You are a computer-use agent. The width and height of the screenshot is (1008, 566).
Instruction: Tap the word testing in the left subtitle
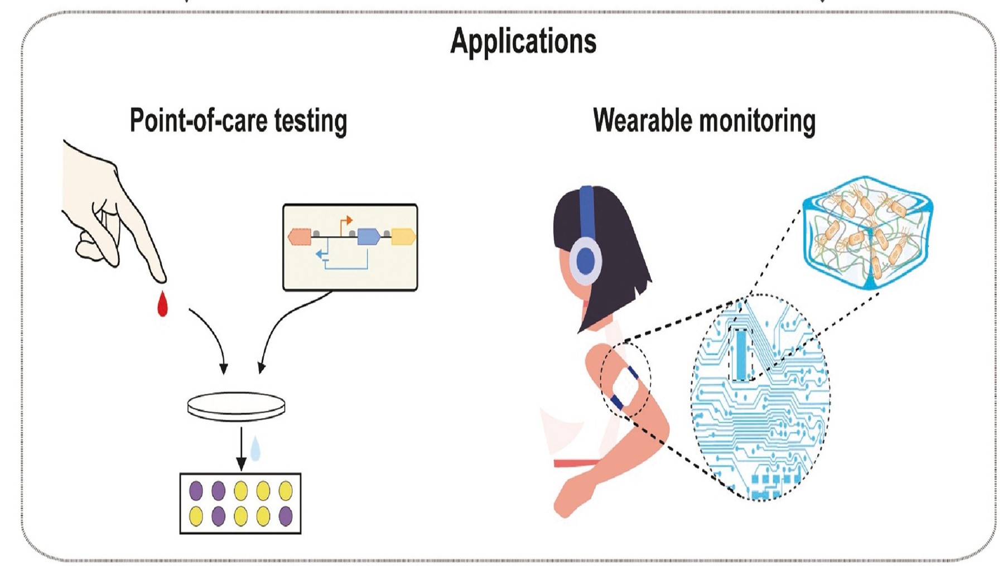311,121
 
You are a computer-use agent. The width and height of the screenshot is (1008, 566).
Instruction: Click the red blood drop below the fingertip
162,304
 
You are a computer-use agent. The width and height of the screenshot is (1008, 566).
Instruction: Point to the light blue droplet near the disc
255,448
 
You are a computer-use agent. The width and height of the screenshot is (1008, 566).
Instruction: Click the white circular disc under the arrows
236,406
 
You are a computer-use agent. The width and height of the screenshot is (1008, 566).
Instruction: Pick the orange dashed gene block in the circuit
300,237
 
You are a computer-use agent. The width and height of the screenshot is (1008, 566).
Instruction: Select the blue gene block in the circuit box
368,236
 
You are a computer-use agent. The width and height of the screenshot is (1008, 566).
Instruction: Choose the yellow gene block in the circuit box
403,236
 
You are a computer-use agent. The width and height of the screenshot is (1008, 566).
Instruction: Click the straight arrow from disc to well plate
241,448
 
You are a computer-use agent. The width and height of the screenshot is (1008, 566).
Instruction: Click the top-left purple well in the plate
196,491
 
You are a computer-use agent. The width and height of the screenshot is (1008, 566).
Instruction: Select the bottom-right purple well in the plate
285,516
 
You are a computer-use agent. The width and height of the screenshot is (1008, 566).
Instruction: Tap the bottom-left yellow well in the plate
196,516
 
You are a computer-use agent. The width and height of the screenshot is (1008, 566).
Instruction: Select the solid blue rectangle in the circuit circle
740,355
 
